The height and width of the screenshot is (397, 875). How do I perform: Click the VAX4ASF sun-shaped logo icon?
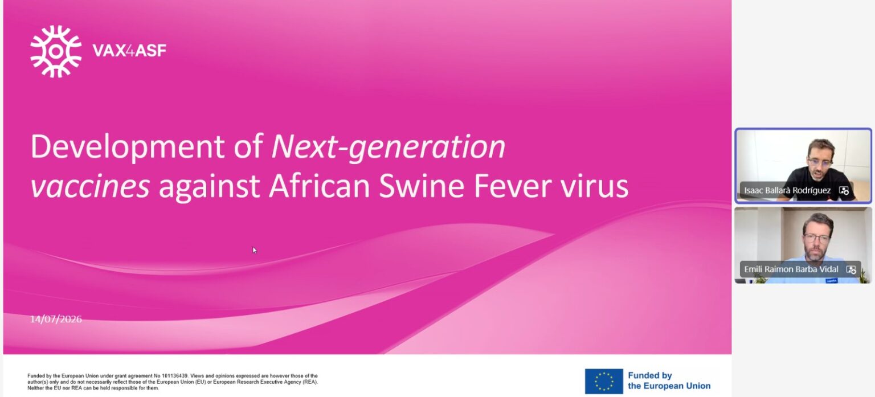coord(56,51)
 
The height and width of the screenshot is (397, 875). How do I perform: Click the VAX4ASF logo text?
coord(129,50)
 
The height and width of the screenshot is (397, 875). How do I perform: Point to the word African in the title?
coord(319,186)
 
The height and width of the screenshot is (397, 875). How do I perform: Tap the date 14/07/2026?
coord(56,319)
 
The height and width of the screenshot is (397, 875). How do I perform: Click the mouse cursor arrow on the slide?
coord(254,250)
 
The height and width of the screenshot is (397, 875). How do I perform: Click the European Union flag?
coord(603,381)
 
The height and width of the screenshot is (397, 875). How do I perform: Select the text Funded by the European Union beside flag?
coord(669,380)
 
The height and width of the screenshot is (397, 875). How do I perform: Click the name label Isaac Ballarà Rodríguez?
coord(787,190)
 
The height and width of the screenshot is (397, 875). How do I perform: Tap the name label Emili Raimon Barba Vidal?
coord(791,269)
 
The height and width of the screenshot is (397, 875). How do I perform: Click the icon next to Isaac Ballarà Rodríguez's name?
coord(844,191)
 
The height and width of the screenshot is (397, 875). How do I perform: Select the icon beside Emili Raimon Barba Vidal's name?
coord(851,269)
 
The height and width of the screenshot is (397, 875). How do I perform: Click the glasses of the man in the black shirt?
coord(820,162)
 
